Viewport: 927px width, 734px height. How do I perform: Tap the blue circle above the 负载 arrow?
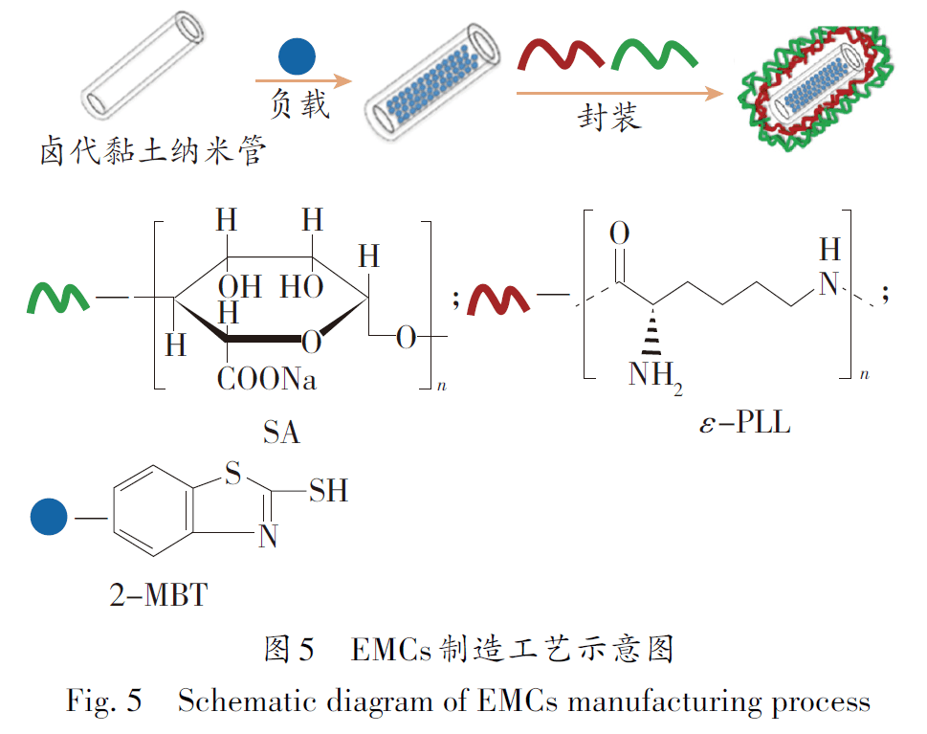click(297, 56)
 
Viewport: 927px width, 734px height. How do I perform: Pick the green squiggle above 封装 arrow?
click(651, 56)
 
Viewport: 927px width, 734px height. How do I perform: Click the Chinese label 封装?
click(609, 117)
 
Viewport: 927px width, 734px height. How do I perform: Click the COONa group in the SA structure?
click(267, 380)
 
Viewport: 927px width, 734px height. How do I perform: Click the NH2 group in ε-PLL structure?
click(653, 375)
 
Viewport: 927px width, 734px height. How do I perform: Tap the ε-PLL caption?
click(746, 422)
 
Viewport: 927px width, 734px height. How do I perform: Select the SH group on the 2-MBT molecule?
click(327, 491)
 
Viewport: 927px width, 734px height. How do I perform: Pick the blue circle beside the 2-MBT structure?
click(48, 518)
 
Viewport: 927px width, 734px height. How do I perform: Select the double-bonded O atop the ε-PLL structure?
click(619, 233)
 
